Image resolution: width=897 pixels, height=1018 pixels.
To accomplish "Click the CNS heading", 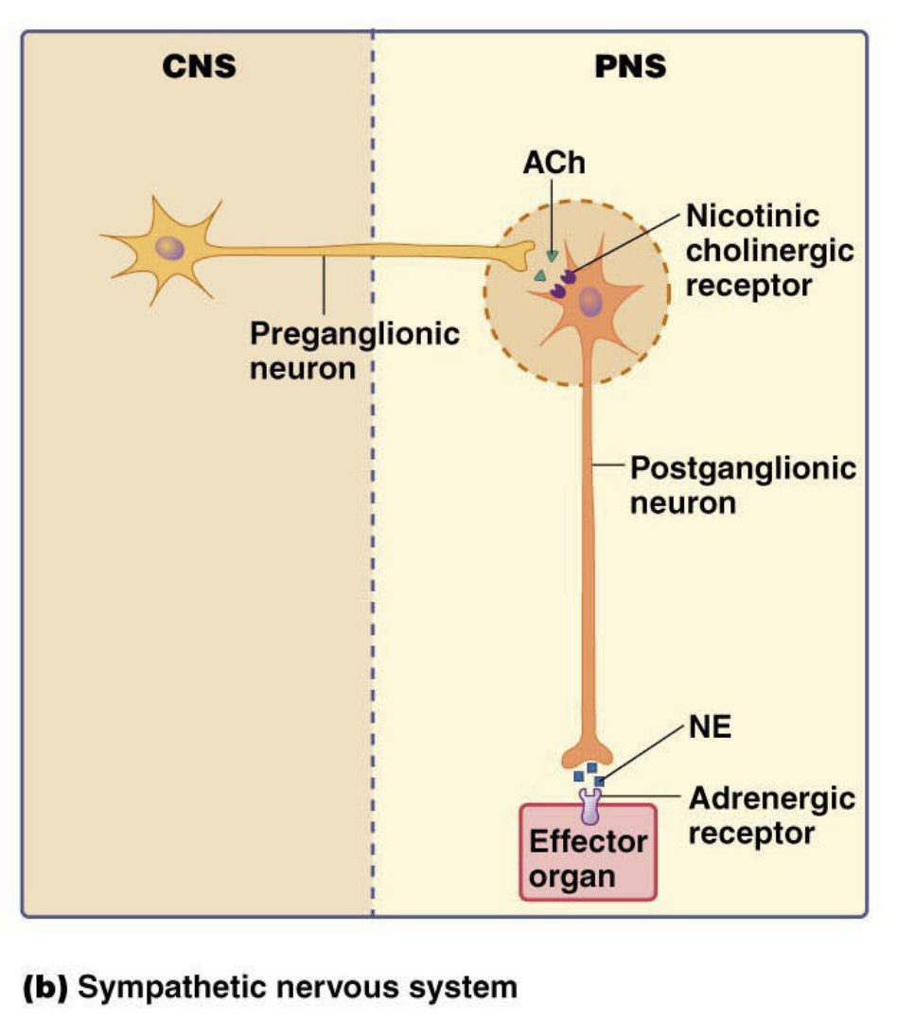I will (197, 67).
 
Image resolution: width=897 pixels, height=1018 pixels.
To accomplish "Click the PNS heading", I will (629, 67).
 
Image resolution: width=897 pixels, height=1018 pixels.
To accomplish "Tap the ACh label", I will (554, 163).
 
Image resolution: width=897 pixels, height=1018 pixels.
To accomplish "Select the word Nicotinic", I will (752, 217).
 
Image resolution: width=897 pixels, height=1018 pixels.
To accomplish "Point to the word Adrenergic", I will (771, 799).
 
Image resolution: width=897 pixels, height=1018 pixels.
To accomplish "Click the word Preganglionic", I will (354, 334).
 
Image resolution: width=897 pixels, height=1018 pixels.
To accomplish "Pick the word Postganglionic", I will (743, 467).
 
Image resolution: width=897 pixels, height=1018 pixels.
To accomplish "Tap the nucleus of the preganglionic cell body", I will (170, 249).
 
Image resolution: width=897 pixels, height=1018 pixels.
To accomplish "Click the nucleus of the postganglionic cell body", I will (591, 303).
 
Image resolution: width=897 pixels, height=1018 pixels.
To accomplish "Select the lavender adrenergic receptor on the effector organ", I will (590, 804).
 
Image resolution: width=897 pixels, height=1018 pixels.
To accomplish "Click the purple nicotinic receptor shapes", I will (565, 284).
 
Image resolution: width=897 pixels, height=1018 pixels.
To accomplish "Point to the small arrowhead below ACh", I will (552, 255).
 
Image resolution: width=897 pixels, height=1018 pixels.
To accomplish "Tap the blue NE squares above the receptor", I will (589, 774).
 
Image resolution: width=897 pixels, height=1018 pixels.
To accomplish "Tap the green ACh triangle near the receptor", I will (539, 275).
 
